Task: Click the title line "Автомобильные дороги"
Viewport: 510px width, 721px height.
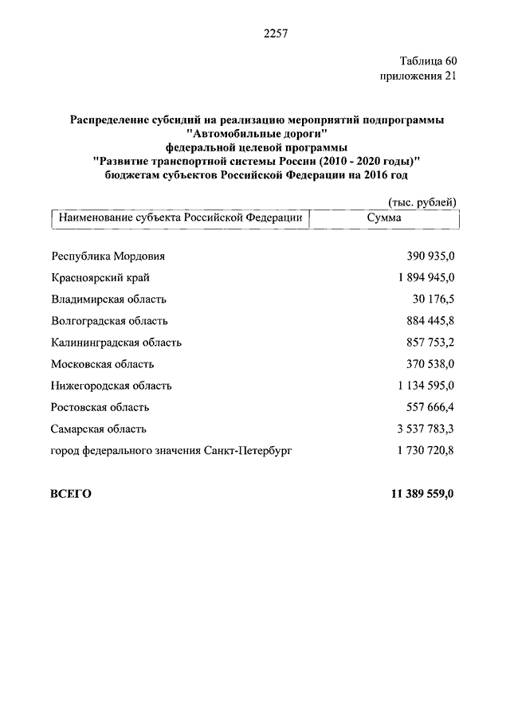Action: click(x=257, y=134)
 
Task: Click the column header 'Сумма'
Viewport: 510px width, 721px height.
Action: click(x=385, y=217)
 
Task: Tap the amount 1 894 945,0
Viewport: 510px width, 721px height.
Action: click(x=422, y=278)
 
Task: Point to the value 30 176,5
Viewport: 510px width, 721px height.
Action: click(x=434, y=300)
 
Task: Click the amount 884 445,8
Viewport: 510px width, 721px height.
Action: click(x=430, y=321)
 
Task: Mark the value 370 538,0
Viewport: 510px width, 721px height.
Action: click(x=430, y=364)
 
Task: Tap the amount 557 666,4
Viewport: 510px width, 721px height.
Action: click(x=430, y=407)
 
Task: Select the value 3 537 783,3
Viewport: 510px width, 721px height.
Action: click(x=422, y=429)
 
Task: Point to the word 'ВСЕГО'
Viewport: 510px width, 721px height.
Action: click(x=71, y=494)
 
